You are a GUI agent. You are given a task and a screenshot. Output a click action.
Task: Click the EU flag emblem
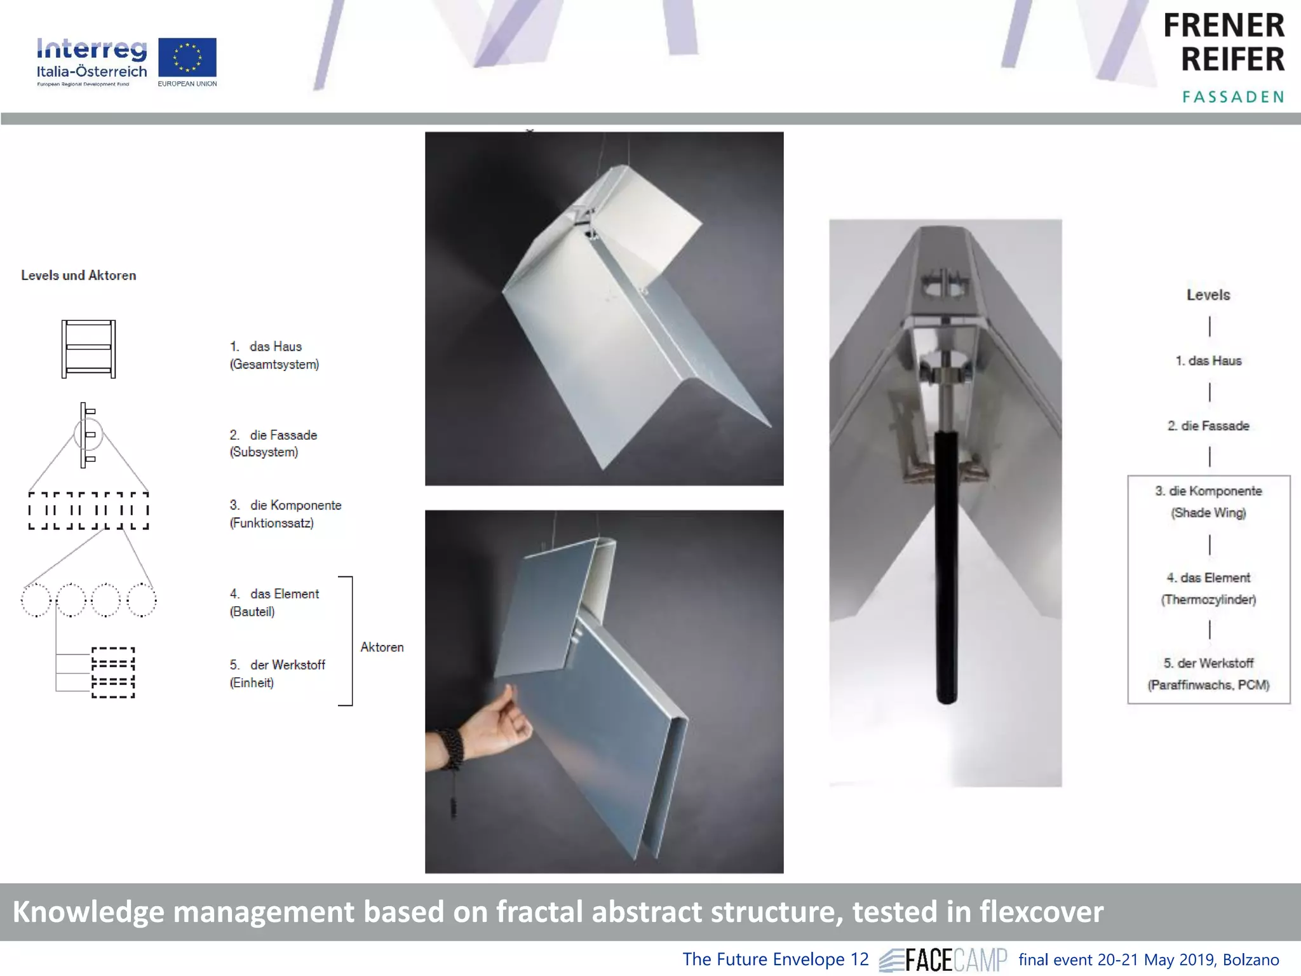[187, 57]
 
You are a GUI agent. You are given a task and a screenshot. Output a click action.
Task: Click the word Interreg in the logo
[91, 49]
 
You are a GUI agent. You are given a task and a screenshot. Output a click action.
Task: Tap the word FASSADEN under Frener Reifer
[1233, 97]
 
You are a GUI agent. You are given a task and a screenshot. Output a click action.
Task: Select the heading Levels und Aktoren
[79, 275]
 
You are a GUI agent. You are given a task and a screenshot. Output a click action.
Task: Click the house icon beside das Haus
[88, 349]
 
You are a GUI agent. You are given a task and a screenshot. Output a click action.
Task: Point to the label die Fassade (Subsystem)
[273, 443]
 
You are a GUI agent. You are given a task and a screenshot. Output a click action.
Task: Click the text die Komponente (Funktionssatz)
[285, 513]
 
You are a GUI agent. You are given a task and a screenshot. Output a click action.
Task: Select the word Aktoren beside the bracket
[382, 647]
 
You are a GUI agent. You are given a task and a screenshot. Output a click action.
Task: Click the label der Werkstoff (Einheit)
[277, 673]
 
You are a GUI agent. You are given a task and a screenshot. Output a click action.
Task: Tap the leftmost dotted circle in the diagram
[36, 600]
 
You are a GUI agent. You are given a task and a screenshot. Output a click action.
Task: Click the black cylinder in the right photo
[946, 566]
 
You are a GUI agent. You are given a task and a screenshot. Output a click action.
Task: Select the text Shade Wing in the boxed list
[1208, 513]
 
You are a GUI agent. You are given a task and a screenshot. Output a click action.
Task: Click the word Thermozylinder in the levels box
[1208, 599]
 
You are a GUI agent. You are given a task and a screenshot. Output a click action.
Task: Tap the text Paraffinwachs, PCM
[1208, 684]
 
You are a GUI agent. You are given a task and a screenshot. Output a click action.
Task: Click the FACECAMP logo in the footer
[944, 959]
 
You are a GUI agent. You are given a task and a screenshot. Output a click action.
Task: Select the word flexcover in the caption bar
[1041, 911]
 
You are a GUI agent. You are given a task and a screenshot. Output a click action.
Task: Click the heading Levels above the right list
[1208, 295]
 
